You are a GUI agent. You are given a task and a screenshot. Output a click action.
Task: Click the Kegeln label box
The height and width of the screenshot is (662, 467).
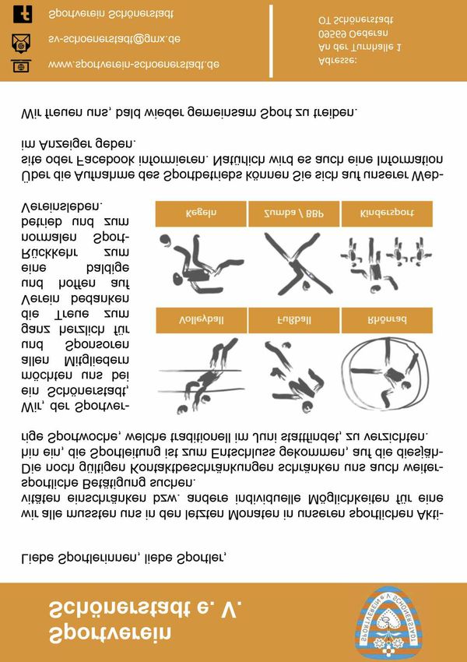click(x=201, y=213)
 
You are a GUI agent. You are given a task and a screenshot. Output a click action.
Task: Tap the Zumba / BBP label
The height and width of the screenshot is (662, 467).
click(x=293, y=213)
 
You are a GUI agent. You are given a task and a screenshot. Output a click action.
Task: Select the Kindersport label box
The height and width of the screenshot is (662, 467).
click(x=386, y=213)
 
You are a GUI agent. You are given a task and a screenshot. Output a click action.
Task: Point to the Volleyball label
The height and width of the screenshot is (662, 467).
click(x=201, y=319)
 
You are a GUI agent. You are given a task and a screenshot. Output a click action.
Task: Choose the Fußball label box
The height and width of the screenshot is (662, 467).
click(x=293, y=319)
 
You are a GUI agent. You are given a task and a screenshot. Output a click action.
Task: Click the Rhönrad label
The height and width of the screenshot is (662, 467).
click(x=386, y=319)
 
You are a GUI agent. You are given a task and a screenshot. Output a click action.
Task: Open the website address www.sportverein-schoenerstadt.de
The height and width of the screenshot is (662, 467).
click(x=133, y=64)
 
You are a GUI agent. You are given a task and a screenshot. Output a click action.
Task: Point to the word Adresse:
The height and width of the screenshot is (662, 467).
click(x=338, y=62)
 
